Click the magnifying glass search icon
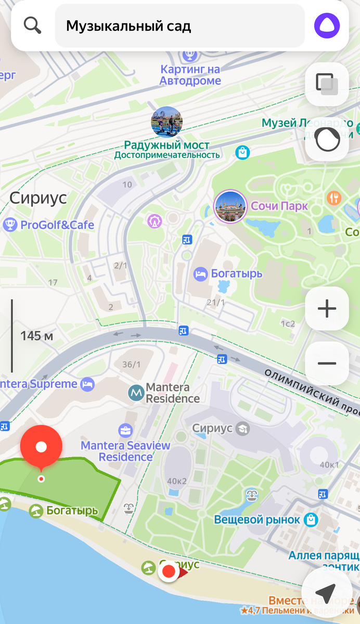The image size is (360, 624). [x=32, y=25]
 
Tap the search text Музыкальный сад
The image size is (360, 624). [x=128, y=26]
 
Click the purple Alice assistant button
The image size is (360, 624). [x=327, y=25]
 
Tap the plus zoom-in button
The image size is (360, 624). [x=327, y=309]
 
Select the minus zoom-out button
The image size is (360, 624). [x=327, y=363]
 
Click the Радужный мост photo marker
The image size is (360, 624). [x=166, y=122]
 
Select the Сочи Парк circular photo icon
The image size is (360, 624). [x=230, y=206]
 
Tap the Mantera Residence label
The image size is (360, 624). [x=172, y=393]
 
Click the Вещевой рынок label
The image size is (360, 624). [x=257, y=519]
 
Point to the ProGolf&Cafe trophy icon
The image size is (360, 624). [x=10, y=225]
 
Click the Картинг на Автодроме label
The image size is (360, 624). [x=190, y=75]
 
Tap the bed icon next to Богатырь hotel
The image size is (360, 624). [x=200, y=274]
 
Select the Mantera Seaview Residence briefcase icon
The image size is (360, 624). [x=125, y=431]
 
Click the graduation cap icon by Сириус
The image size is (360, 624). [x=242, y=429]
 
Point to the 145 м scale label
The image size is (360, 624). [x=36, y=336]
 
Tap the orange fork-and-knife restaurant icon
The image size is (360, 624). [x=333, y=198]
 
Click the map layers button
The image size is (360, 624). [x=327, y=84]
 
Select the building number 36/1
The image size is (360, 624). [x=131, y=365]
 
